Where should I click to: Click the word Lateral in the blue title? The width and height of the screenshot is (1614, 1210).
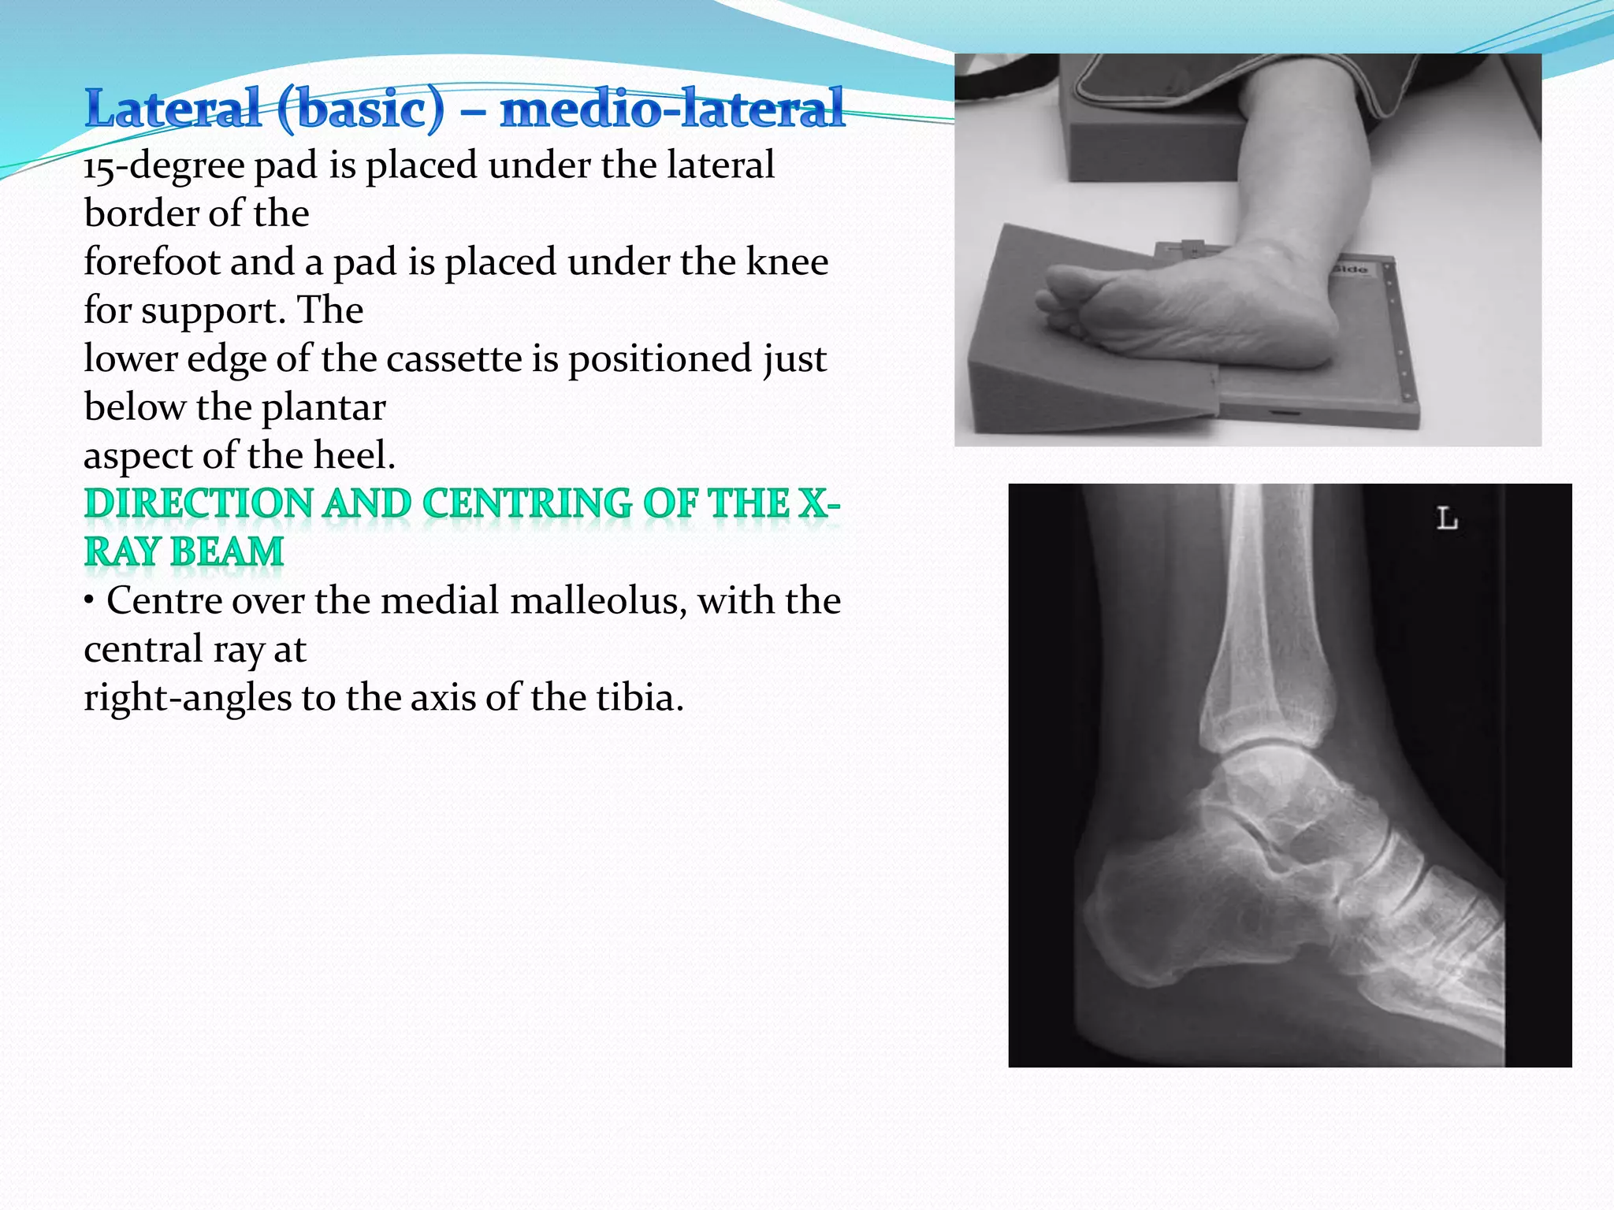point(173,109)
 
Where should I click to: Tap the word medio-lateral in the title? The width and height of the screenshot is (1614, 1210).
point(671,109)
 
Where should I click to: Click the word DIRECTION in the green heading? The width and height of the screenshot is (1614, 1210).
point(199,504)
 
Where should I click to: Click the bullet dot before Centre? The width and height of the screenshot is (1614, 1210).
point(90,601)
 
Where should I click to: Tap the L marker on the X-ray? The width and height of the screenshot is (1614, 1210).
point(1447,518)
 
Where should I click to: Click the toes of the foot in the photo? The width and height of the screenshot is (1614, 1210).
point(1052,299)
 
